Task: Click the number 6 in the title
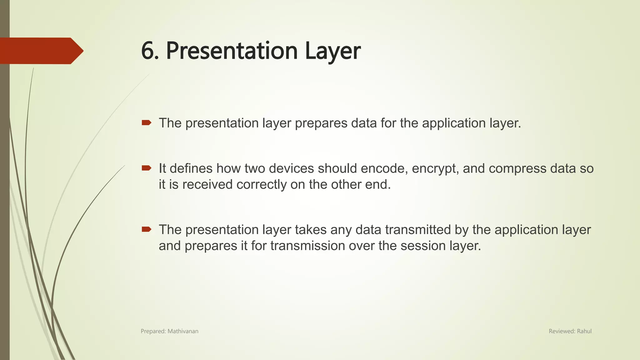[x=148, y=51]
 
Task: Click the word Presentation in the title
[x=231, y=51]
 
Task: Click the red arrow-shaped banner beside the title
[x=41, y=51]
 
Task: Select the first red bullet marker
[x=146, y=123]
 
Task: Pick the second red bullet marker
[x=146, y=168]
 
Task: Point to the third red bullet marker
[x=146, y=230]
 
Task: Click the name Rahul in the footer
[x=584, y=331]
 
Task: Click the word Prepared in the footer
[x=152, y=331]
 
